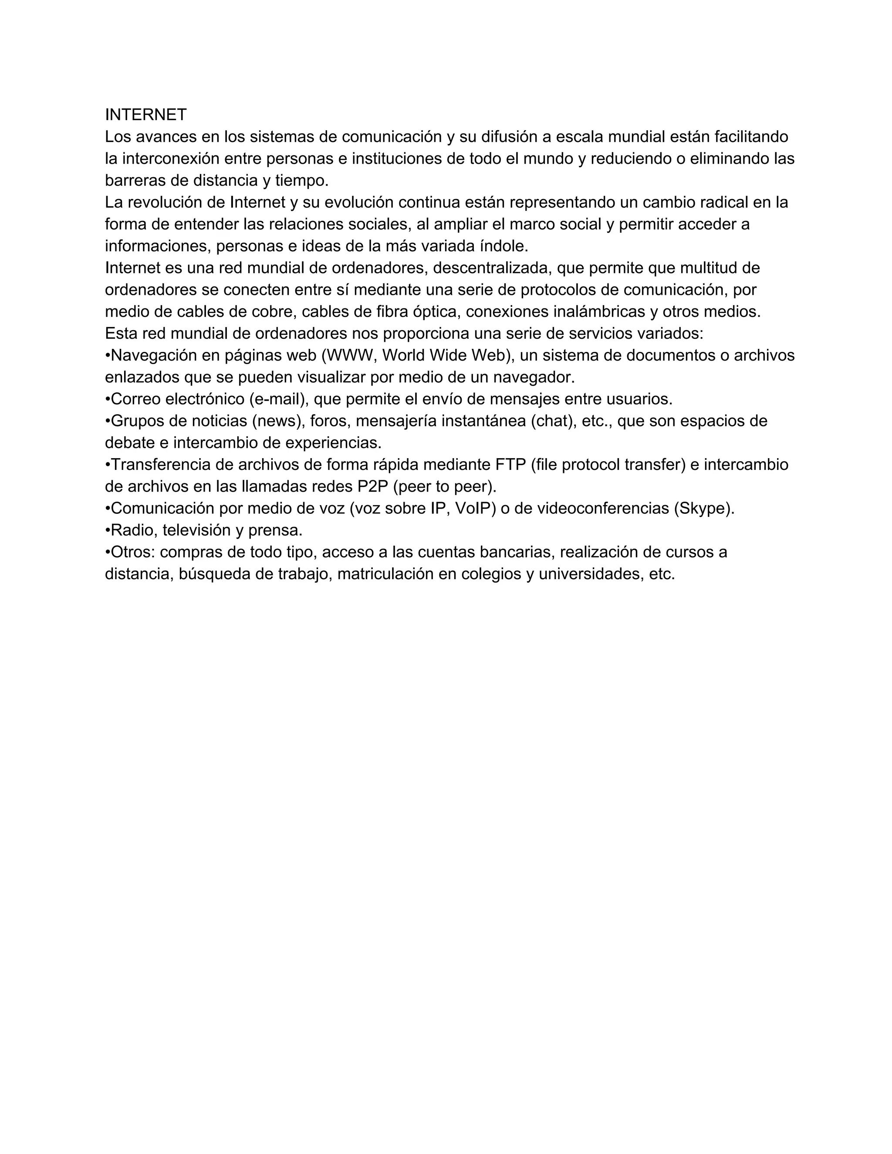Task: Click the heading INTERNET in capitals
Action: click(146, 115)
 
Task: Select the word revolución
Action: click(166, 202)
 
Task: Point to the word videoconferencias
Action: click(602, 508)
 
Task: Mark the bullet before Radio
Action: click(108, 530)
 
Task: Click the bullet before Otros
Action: click(108, 552)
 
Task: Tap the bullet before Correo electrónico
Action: click(108, 399)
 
